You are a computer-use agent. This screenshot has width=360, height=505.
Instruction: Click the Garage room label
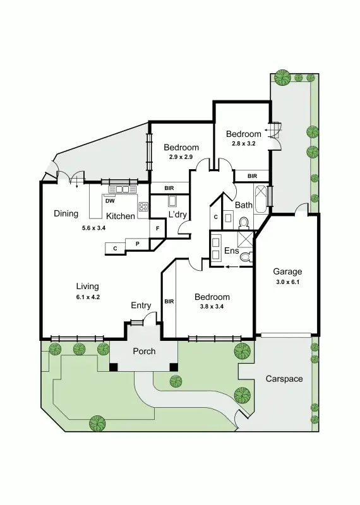tap(287, 272)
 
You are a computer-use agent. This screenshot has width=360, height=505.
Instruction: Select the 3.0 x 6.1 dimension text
tap(287, 282)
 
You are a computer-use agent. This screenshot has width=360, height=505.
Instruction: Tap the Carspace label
tap(284, 379)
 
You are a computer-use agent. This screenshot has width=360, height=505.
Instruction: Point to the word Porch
tap(143, 352)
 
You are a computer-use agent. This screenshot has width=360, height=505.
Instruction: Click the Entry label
tap(141, 306)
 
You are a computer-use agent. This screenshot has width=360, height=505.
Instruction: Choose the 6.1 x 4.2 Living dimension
tap(87, 296)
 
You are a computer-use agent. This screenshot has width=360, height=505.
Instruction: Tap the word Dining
tap(66, 213)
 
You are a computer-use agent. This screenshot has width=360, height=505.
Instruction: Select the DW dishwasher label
tap(109, 201)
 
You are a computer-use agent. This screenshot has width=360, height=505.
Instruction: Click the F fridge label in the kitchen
tap(156, 229)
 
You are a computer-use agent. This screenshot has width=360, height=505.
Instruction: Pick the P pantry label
tap(136, 244)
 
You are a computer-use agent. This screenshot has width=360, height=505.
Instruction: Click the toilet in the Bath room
tap(243, 222)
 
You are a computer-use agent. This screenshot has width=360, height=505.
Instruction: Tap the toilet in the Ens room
tap(246, 255)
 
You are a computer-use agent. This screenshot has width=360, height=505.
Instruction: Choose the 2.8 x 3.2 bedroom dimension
tap(243, 143)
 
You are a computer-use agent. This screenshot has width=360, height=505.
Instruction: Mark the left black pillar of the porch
tap(114, 366)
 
